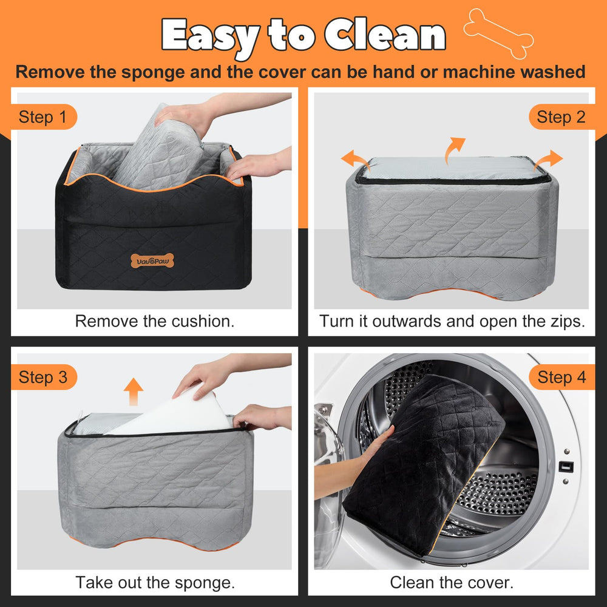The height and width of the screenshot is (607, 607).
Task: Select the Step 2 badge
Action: coord(561,117)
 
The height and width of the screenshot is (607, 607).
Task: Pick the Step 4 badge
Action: coord(561,378)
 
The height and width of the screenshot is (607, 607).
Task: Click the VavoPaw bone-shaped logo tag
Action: coord(152,262)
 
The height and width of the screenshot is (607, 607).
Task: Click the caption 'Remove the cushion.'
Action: coord(155,321)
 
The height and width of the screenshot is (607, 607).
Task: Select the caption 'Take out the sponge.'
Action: coord(155,583)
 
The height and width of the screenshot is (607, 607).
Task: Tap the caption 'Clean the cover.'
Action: coord(452,583)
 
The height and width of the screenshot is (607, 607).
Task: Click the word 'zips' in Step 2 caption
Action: coord(567,321)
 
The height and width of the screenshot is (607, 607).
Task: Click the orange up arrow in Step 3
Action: coord(133,392)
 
